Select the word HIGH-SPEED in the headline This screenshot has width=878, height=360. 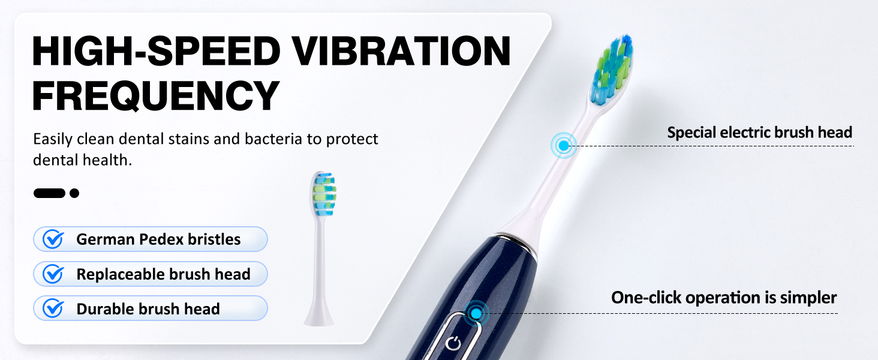coord(156,52)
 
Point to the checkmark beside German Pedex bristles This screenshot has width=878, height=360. coord(54,239)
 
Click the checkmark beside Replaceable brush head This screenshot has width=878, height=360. coord(54,274)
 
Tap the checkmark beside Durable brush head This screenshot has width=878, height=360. coord(54,309)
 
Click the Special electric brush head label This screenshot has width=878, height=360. coord(759,132)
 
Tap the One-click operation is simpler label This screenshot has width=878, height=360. coord(724,297)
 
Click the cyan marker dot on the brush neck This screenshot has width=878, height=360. coord(563,145)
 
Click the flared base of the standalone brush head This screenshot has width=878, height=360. coord(318,313)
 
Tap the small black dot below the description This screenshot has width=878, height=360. coord(74,193)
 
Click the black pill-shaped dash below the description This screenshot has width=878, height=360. coord(49,193)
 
